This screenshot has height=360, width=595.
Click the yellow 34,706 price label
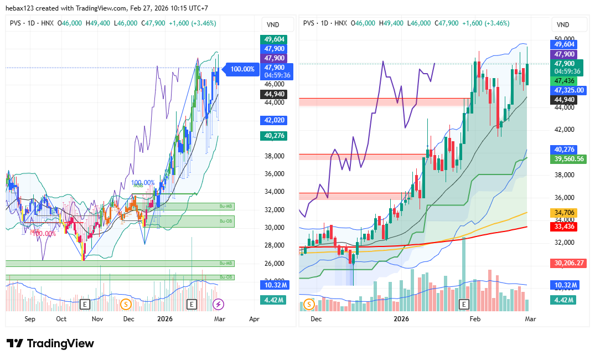[x=564, y=212]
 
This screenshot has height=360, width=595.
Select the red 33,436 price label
[x=564, y=226]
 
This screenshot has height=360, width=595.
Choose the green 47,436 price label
[x=564, y=80]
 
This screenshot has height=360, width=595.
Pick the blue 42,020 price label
[x=273, y=120]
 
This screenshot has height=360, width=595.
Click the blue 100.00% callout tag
[x=241, y=69]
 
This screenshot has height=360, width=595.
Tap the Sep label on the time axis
[x=30, y=319]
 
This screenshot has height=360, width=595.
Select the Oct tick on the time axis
[x=61, y=319]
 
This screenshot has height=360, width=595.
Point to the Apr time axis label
[x=254, y=319]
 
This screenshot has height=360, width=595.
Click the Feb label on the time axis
[x=475, y=319]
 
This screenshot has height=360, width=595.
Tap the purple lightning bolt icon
[x=219, y=304]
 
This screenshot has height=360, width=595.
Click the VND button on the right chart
[x=563, y=24]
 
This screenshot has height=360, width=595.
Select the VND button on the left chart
[x=273, y=24]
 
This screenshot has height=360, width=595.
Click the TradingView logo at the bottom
[x=50, y=343]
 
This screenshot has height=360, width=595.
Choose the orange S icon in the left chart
[x=126, y=304]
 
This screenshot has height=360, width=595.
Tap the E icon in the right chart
[x=464, y=304]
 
